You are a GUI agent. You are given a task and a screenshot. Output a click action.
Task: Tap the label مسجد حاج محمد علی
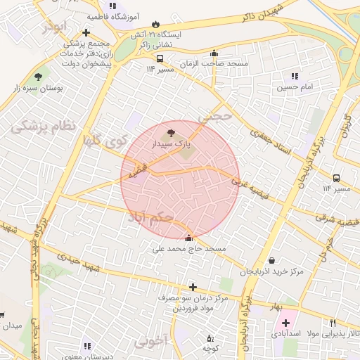pyautogui.click(x=190, y=249)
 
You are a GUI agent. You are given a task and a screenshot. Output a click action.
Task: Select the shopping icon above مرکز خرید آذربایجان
pyautogui.click(x=271, y=259)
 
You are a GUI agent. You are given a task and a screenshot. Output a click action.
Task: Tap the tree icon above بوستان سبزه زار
pyautogui.click(x=37, y=77)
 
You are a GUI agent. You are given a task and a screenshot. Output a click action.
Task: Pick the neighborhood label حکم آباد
pyautogui.click(x=150, y=217)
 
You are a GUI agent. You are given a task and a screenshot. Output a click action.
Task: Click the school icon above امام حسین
pyautogui.click(x=294, y=76)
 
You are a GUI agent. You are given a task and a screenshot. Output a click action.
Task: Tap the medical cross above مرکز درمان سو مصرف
pyautogui.click(x=193, y=287)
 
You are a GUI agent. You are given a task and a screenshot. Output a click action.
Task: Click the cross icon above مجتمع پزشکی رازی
pyautogui.click(x=86, y=32)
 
